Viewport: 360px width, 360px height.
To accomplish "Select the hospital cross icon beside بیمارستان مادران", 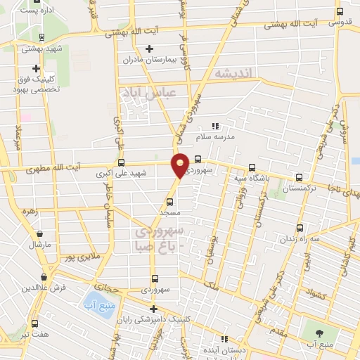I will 149,49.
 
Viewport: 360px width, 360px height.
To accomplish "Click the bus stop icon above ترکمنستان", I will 300,178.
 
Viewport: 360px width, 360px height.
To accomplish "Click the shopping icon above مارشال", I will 39,234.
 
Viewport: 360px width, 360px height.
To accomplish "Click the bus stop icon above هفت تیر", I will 34,323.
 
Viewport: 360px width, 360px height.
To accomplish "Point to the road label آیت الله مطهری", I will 53,169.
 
